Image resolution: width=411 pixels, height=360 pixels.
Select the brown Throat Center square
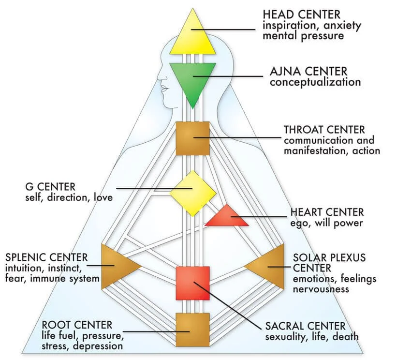click(x=192, y=138)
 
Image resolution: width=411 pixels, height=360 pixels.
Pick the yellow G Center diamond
click(x=192, y=193)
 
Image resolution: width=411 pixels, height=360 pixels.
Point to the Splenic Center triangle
click(x=117, y=266)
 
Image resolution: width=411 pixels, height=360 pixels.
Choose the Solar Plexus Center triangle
click(x=269, y=266)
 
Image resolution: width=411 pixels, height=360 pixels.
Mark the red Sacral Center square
click(x=192, y=283)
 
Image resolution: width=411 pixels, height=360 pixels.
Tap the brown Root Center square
click(x=192, y=329)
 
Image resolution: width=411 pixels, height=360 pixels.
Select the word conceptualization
click(x=315, y=82)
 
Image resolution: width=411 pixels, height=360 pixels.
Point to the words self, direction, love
click(x=69, y=197)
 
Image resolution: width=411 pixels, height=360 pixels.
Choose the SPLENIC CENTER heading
click(x=46, y=257)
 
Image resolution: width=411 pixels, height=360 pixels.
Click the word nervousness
click(x=320, y=289)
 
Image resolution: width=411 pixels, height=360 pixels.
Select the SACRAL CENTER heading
click(x=305, y=326)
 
